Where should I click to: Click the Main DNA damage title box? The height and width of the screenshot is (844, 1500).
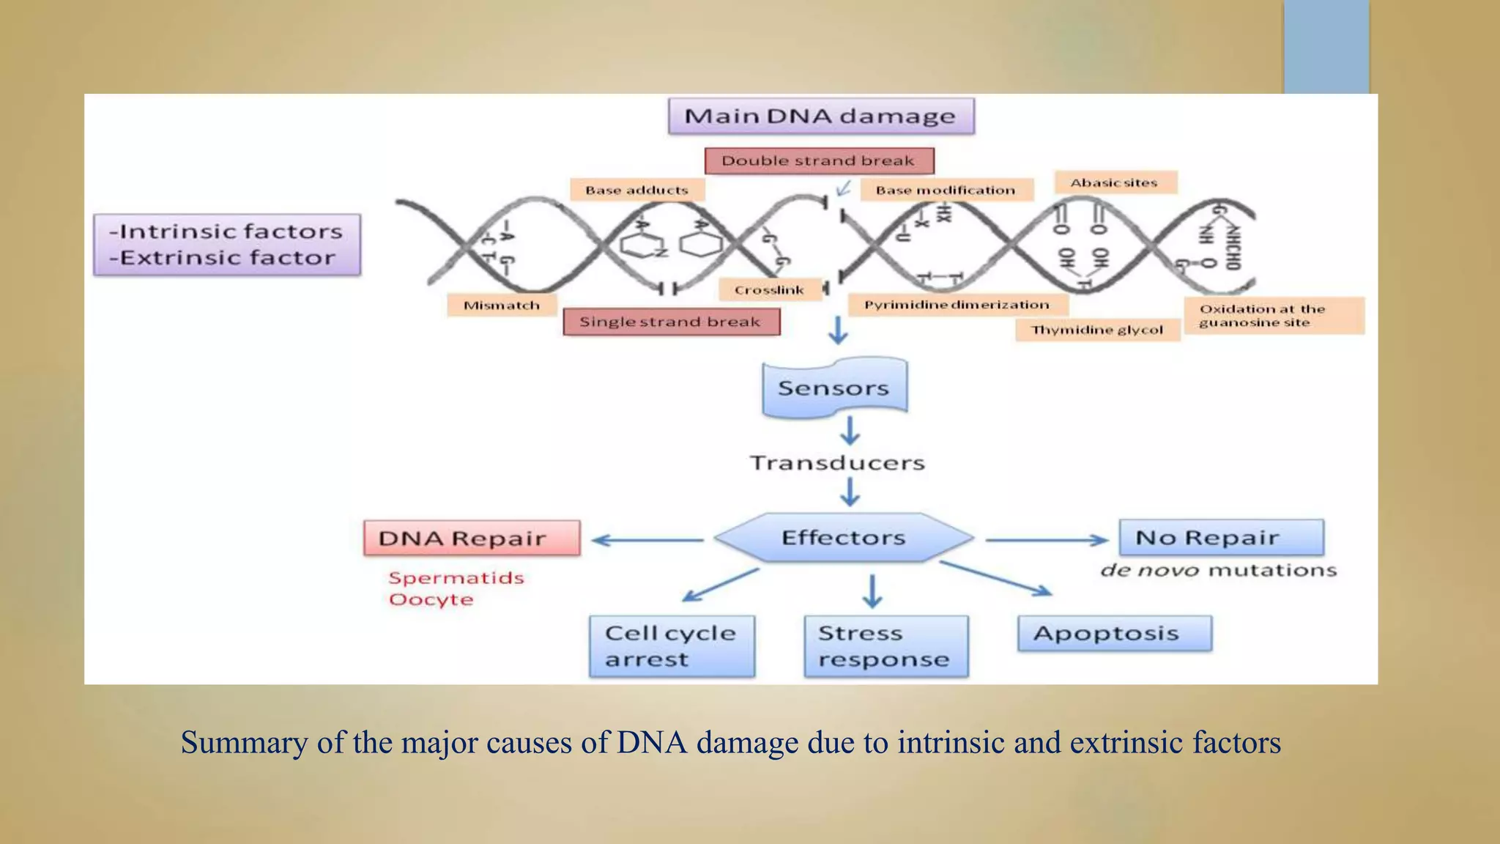coord(820,116)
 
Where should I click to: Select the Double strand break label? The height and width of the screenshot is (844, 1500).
coord(819,160)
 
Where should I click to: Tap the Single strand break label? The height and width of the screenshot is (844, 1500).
coord(671,322)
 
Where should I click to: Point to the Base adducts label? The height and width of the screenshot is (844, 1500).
coord(636,190)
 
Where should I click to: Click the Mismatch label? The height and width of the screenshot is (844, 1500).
coord(502,305)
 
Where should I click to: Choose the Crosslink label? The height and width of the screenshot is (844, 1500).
coord(769,290)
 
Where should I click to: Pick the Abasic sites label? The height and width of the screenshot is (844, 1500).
coord(1114,182)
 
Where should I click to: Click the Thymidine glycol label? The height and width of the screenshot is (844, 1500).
coord(1097,330)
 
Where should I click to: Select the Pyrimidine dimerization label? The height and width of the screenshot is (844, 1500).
coord(957,305)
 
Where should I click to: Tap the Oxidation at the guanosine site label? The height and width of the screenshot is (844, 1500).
coord(1273,316)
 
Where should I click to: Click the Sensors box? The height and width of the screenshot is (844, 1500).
coord(834,388)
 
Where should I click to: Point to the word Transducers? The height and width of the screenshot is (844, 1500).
coord(837,463)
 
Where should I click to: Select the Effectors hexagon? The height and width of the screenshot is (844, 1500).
coord(843,538)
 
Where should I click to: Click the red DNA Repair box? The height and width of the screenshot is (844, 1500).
coord(471,538)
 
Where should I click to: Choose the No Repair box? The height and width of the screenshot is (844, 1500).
coord(1221,538)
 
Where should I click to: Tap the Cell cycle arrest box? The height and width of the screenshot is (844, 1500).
coord(671,645)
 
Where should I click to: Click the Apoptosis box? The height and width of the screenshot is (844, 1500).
coord(1114,633)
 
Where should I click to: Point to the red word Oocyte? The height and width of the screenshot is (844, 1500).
coord(431,599)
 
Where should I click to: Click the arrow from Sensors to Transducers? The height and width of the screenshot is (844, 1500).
coord(850,431)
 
